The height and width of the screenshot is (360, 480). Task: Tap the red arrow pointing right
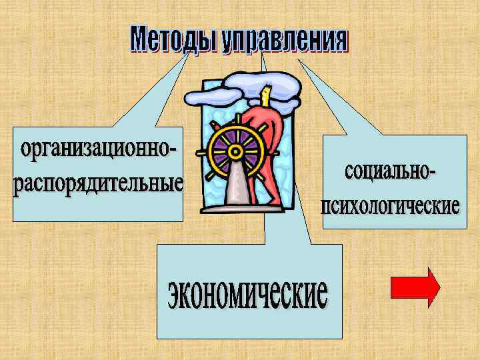point(415,287)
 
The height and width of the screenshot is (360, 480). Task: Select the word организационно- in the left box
point(97,151)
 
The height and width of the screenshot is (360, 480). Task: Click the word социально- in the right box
point(390,172)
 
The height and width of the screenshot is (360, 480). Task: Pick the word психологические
point(391,204)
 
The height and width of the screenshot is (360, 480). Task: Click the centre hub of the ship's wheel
point(234,151)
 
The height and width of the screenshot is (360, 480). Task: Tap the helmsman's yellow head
point(268,96)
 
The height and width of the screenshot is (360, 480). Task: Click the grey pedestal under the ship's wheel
point(237,190)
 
